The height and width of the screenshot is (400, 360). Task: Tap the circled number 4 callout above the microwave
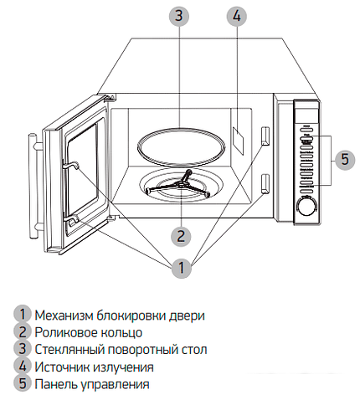237,15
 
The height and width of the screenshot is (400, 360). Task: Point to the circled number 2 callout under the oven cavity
179,234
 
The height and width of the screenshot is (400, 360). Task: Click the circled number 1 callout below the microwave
179,269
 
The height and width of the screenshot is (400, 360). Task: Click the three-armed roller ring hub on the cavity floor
179,187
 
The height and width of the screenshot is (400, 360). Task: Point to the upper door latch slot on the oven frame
265,136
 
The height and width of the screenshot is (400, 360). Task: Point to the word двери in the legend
188,315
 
